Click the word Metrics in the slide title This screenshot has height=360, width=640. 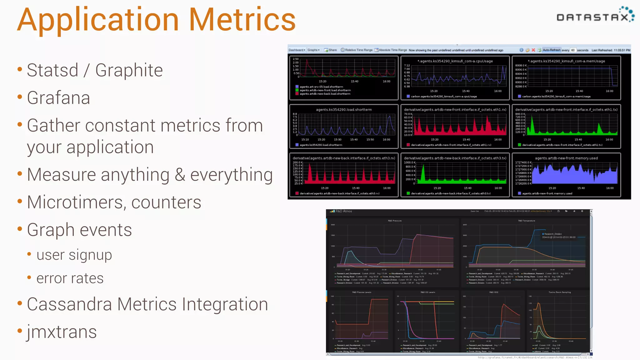[242, 20]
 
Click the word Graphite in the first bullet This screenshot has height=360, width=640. [129, 70]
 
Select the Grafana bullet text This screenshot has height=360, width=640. [58, 98]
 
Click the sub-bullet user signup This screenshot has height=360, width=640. [74, 255]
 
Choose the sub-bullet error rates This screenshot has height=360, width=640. [70, 278]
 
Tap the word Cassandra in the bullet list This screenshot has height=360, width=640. [69, 304]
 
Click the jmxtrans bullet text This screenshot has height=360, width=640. [62, 332]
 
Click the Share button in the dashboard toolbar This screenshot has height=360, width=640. [331, 50]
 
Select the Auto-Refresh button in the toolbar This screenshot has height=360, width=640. [551, 50]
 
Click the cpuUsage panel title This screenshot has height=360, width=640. [455, 61]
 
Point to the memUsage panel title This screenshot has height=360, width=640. [566, 61]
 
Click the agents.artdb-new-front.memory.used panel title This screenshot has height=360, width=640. [566, 158]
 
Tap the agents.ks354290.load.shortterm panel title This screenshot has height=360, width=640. [344, 110]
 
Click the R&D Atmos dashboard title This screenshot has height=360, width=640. [343, 211]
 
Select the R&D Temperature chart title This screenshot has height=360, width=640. [527, 221]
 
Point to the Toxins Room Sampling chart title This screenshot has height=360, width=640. [559, 292]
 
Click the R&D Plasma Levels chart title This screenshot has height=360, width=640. [362, 292]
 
